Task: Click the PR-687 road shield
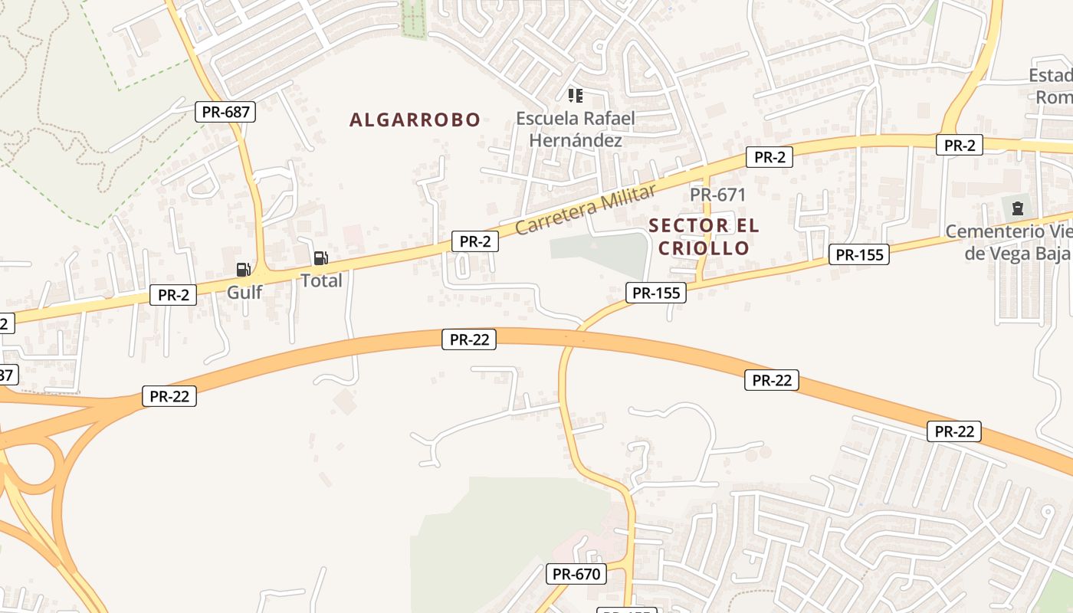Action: tap(225, 112)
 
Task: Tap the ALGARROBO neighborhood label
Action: tap(415, 120)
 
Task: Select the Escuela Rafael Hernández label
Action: tap(575, 129)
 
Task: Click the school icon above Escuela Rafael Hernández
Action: tap(575, 96)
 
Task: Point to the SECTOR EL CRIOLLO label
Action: tap(704, 237)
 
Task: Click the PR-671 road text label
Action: tap(717, 195)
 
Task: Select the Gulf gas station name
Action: tap(244, 292)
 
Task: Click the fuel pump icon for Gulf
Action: tap(244, 269)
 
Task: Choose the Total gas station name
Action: tap(321, 280)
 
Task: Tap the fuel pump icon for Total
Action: tap(320, 258)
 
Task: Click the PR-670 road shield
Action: tap(576, 573)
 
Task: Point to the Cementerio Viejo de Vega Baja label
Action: tap(1007, 242)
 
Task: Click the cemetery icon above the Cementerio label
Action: tap(1017, 208)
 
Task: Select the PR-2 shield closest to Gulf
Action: tap(173, 294)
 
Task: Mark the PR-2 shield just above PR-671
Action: tap(769, 157)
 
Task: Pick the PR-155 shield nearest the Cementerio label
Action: tap(859, 255)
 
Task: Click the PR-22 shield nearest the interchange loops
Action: tap(169, 396)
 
